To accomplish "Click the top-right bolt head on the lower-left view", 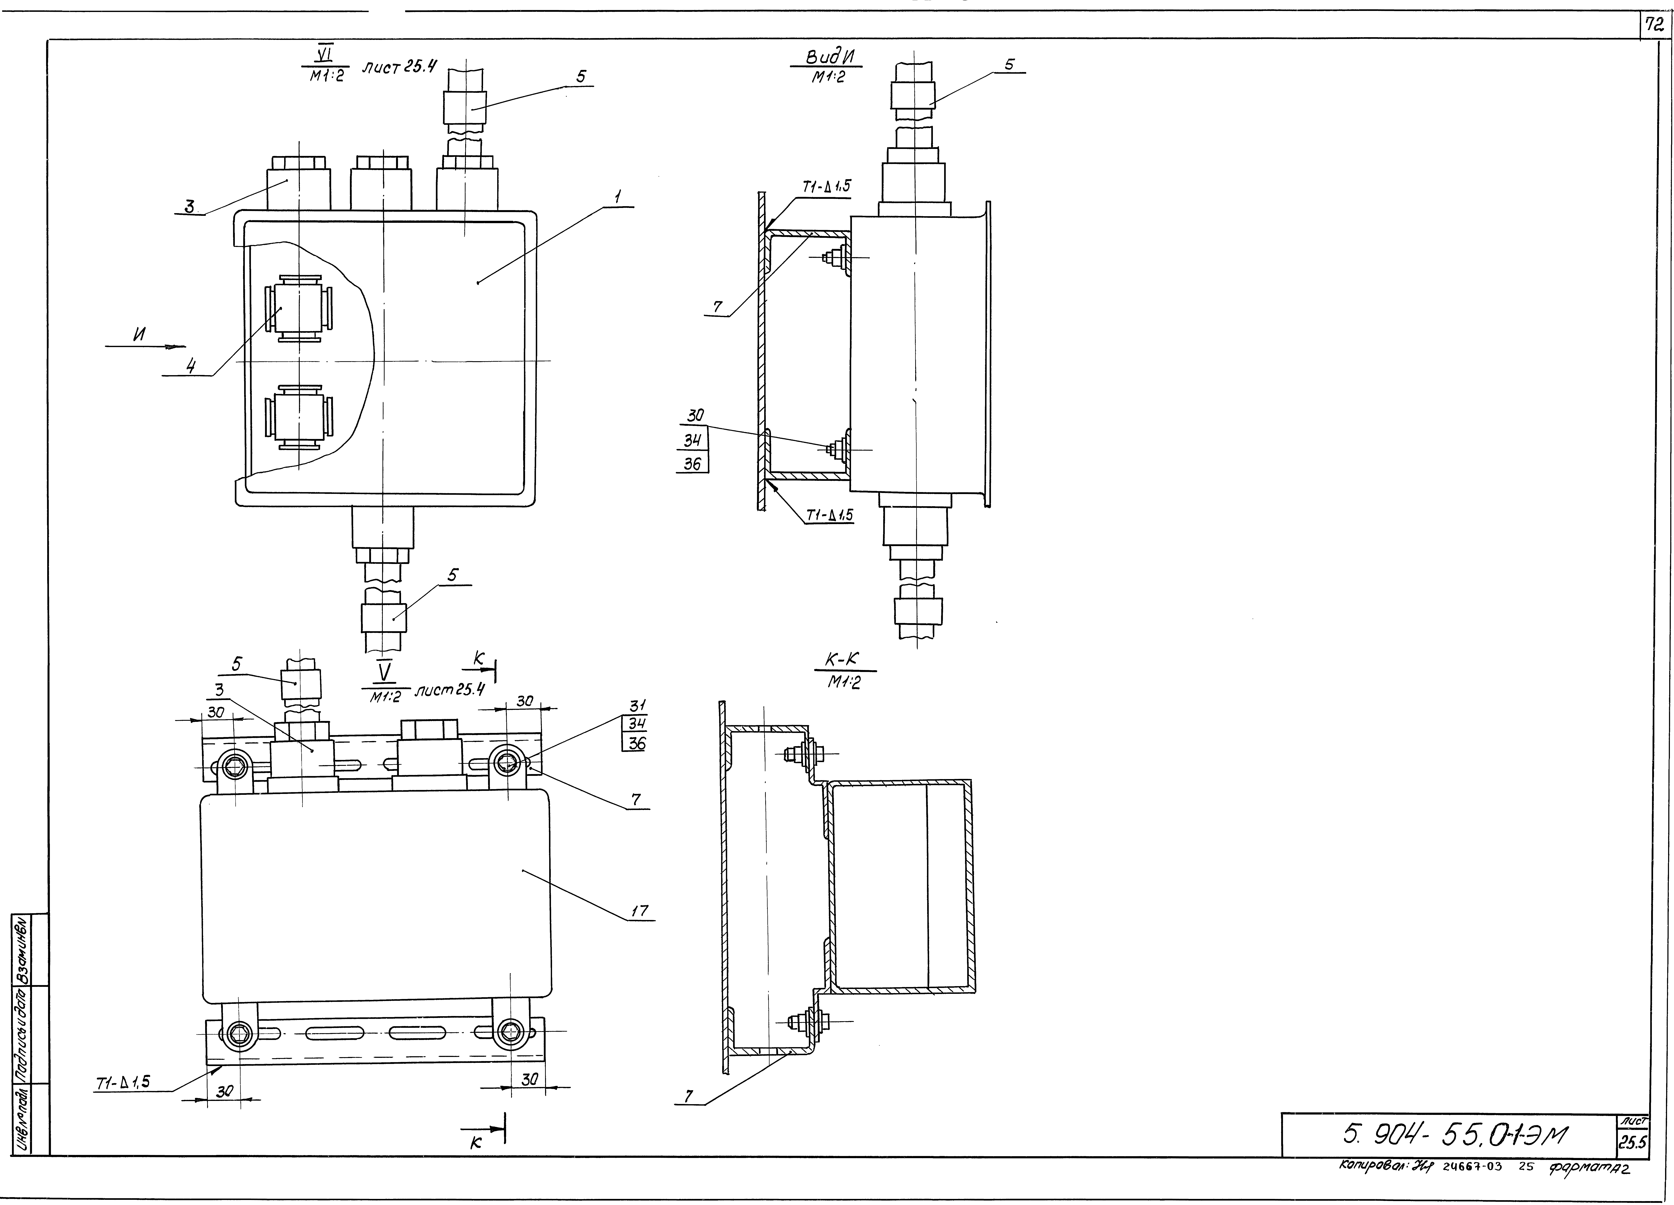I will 506,762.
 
